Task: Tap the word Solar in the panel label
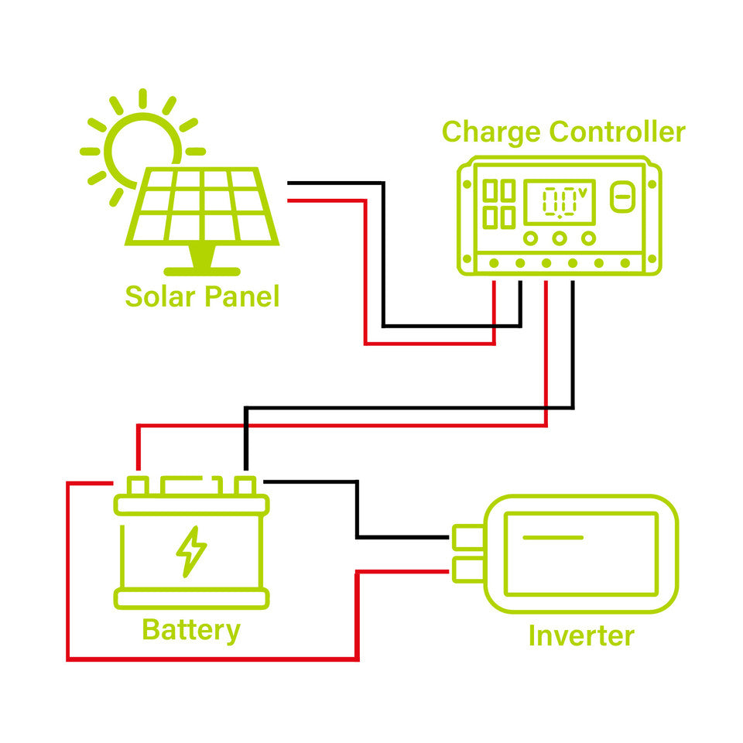pyautogui.click(x=159, y=296)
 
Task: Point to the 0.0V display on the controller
pyautogui.click(x=560, y=202)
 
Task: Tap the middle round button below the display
pyautogui.click(x=560, y=238)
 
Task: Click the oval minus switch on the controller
pyautogui.click(x=621, y=197)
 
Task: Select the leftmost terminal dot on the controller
pyautogui.click(x=494, y=264)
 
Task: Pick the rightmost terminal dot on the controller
pyautogui.click(x=625, y=264)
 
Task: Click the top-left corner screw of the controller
pyautogui.click(x=466, y=184)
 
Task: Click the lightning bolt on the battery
pyautogui.click(x=191, y=551)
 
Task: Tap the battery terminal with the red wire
pyautogui.click(x=138, y=486)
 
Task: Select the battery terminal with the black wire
pyautogui.click(x=245, y=486)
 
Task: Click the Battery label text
pyautogui.click(x=190, y=630)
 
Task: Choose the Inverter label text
pyautogui.click(x=580, y=635)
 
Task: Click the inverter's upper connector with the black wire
pyautogui.click(x=466, y=536)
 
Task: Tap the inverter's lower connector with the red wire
pyautogui.click(x=466, y=570)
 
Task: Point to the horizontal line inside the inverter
pyautogui.click(x=553, y=536)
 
